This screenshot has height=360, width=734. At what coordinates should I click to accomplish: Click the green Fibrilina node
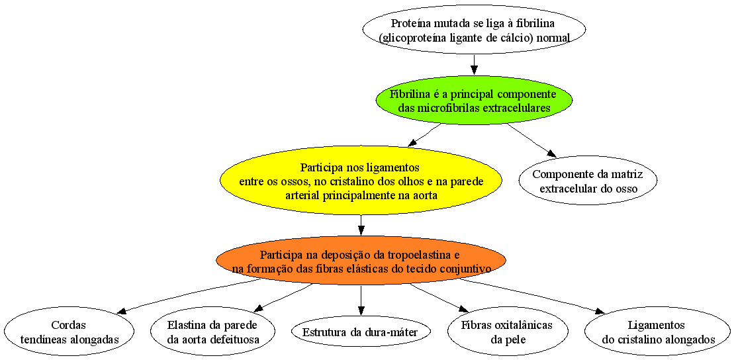coord(474,100)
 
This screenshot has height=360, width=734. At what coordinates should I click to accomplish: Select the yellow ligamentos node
coord(361,181)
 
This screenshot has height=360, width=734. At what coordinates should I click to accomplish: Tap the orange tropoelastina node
coord(361,260)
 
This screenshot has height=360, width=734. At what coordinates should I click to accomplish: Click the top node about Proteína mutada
coord(474,30)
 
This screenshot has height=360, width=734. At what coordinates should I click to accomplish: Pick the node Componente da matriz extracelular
coord(588,180)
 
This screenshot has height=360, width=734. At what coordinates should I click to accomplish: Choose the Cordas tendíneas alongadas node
coord(69,331)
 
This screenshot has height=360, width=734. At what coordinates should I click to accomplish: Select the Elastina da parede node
coord(213,331)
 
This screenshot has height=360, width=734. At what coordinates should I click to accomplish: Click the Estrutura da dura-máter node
coord(361,332)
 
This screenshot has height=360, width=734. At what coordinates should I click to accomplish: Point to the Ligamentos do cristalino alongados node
coord(657,331)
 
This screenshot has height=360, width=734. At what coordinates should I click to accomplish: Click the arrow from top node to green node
coord(474,65)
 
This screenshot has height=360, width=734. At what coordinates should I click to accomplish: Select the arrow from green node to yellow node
coord(424,135)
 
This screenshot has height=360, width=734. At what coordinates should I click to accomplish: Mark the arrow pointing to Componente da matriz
coord(531,140)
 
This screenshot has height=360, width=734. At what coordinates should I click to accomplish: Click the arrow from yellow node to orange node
coord(361,226)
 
